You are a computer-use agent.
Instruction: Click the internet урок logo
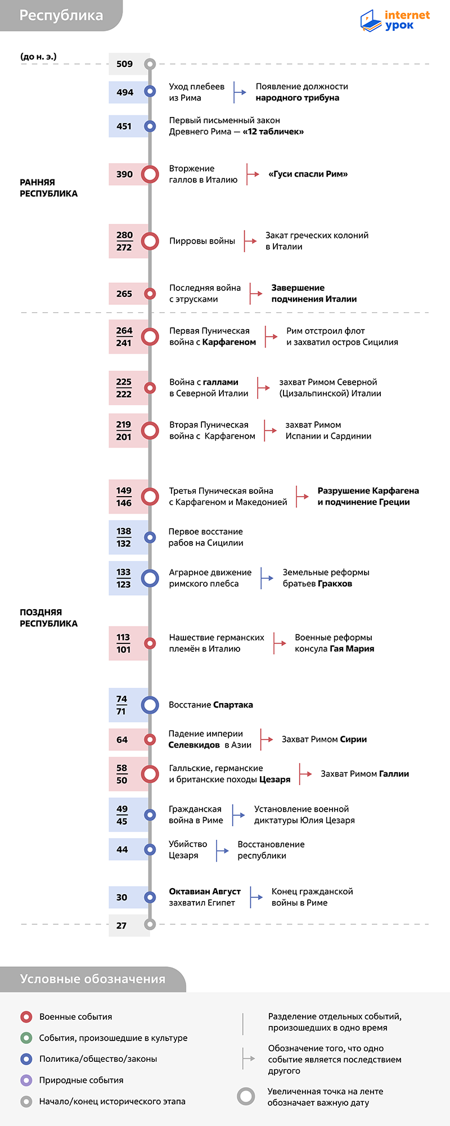(x=395, y=20)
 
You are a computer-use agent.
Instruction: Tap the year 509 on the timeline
(x=124, y=64)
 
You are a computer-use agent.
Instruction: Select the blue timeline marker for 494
(x=150, y=91)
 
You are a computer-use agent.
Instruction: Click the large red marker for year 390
(x=150, y=174)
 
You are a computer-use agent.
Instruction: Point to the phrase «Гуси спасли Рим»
(x=308, y=174)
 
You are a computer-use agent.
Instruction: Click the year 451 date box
(x=129, y=126)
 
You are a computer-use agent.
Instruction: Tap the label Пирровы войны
(x=202, y=241)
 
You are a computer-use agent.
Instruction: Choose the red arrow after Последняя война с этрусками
(x=256, y=294)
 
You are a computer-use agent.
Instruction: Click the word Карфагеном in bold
(x=229, y=342)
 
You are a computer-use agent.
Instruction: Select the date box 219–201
(x=129, y=431)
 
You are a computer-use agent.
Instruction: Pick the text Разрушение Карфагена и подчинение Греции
(x=368, y=497)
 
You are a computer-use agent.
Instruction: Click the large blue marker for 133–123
(x=150, y=578)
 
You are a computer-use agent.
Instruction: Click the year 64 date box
(x=129, y=740)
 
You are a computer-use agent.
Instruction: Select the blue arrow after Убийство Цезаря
(x=222, y=850)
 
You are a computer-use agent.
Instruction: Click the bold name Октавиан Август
(x=205, y=891)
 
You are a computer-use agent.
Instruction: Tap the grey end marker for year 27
(x=150, y=924)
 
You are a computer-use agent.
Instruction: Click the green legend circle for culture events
(x=26, y=1038)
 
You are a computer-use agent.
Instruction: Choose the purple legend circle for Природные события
(x=26, y=1080)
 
